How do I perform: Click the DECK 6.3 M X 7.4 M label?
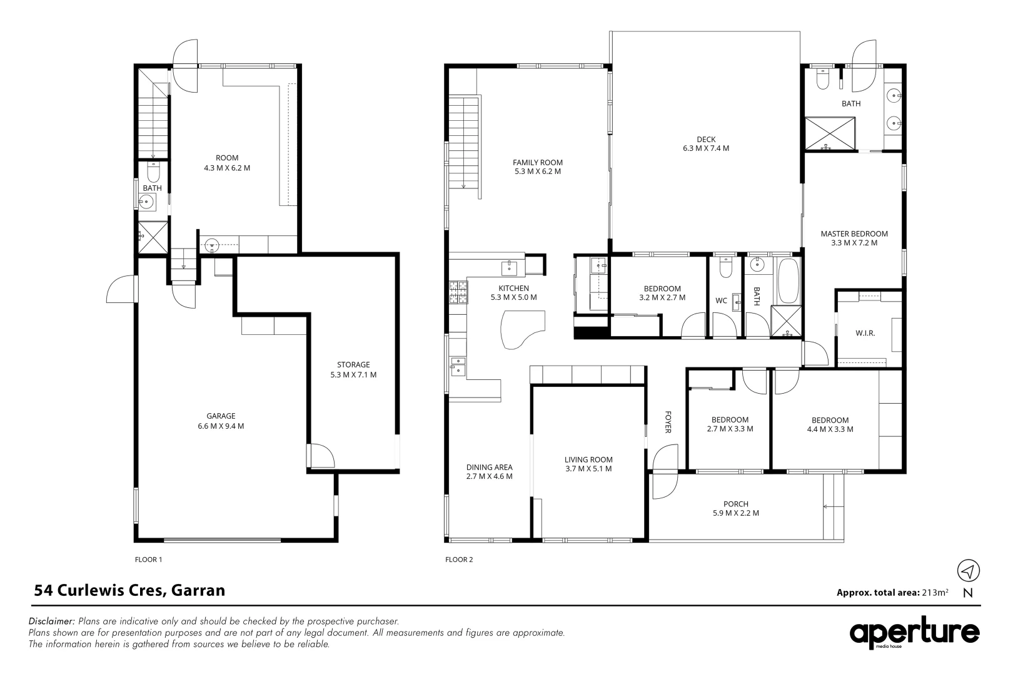point(706,144)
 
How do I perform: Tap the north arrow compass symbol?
point(968,571)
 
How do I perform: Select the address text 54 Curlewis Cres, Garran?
point(129,590)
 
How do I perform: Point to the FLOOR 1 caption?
point(148,560)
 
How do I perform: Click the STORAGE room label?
point(353,369)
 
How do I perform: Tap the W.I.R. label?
point(865,333)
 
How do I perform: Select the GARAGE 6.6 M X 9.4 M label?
point(221,421)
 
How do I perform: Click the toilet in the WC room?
point(725,268)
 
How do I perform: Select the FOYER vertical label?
point(668,422)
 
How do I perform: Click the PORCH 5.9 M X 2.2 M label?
point(736,508)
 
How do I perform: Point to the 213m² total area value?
point(935,593)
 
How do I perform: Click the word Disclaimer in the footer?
point(52,622)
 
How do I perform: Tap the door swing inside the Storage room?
point(321,456)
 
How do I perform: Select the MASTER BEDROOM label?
point(854,238)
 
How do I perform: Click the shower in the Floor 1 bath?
point(153,237)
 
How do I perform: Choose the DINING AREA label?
point(489,471)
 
